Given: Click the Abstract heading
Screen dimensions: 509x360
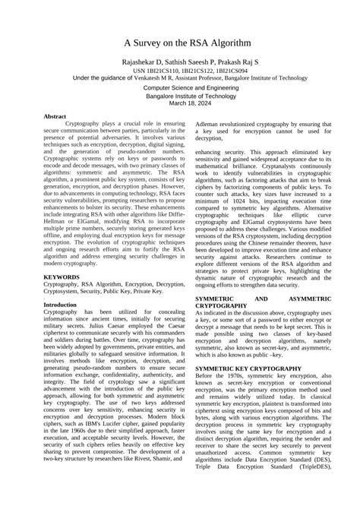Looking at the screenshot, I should pyautogui.click(x=55, y=117).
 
